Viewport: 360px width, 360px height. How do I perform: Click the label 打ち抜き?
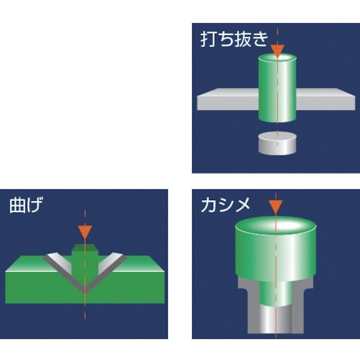(x=234, y=40)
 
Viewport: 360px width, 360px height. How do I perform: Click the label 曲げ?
(x=26, y=205)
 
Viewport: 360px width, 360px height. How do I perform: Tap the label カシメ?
(x=225, y=205)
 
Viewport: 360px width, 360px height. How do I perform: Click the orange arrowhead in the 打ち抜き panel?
(x=277, y=51)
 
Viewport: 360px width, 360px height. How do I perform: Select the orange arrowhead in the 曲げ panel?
(x=85, y=233)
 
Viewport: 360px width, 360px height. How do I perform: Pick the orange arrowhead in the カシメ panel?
(x=276, y=207)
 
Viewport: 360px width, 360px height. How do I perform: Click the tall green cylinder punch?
(x=277, y=88)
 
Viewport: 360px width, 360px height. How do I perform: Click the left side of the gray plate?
(x=228, y=99)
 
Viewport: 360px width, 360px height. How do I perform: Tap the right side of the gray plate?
(x=325, y=99)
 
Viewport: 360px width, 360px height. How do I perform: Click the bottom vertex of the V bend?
(x=85, y=292)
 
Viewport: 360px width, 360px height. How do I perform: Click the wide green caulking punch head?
(x=276, y=249)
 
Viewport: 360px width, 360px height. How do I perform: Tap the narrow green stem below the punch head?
(x=276, y=294)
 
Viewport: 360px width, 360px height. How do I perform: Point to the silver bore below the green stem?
(x=276, y=320)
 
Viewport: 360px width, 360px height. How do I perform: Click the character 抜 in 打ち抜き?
(x=243, y=40)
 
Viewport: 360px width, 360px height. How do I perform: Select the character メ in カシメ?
(x=242, y=205)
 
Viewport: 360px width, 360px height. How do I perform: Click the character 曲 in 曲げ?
(x=17, y=205)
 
